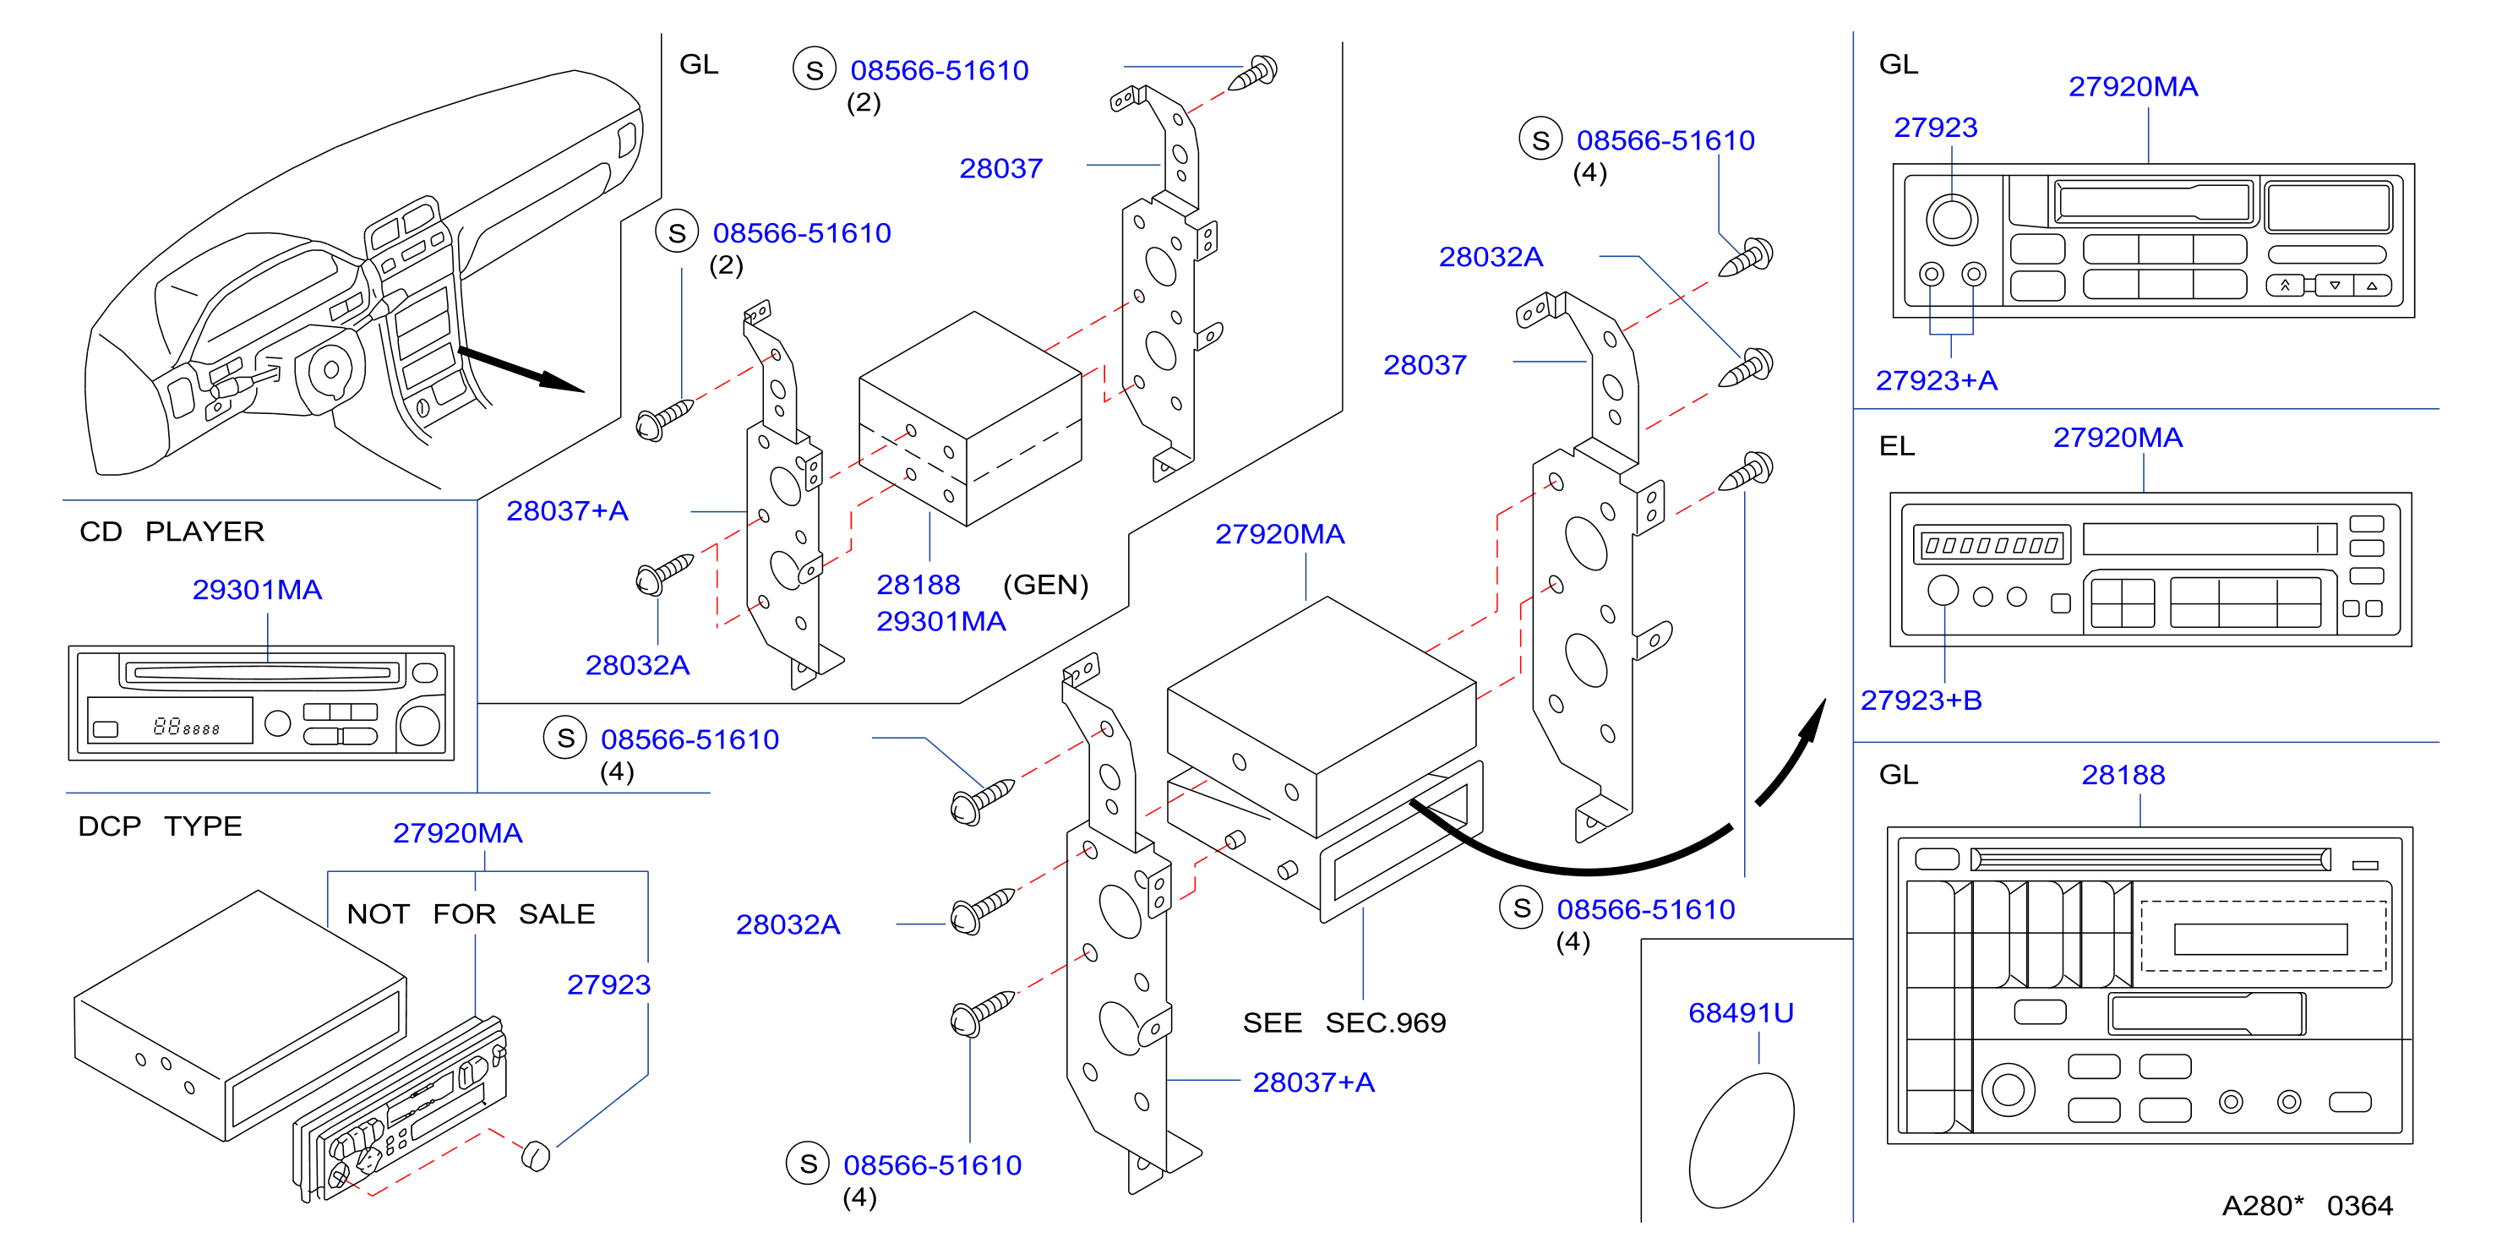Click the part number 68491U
click(x=1741, y=1013)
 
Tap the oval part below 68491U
click(x=1742, y=1141)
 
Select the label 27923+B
click(x=1920, y=701)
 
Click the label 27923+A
click(x=1936, y=381)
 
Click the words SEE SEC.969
click(x=1344, y=1022)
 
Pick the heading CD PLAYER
click(x=172, y=532)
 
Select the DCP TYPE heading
click(x=161, y=826)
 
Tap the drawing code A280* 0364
click(x=2308, y=1206)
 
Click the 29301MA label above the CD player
click(x=258, y=590)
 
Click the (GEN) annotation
click(x=1045, y=585)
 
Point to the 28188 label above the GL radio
click(x=2123, y=775)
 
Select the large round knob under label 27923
click(x=1951, y=219)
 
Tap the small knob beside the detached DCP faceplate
click(x=535, y=1155)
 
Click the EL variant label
click(x=1897, y=446)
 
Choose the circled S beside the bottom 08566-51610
click(x=808, y=1164)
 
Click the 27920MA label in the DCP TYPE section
click(x=457, y=832)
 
